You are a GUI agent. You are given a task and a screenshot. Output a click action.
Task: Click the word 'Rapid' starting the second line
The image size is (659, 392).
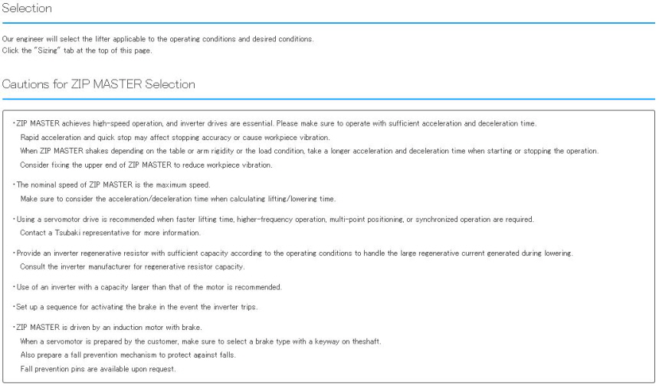pyautogui.click(x=31, y=137)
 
